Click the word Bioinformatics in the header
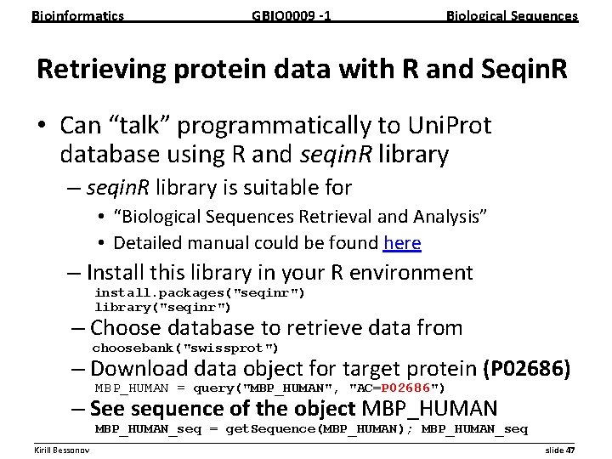[x=77, y=15]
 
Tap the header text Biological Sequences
[x=512, y=15]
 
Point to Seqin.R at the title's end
[x=519, y=70]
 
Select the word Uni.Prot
[x=447, y=126]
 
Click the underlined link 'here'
[x=402, y=243]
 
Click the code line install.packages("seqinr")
[x=200, y=293]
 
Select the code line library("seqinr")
[x=162, y=307]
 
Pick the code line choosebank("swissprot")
[x=185, y=348]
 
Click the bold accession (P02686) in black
[x=526, y=369]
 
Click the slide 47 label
[x=559, y=449]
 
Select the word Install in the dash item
[x=115, y=274]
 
